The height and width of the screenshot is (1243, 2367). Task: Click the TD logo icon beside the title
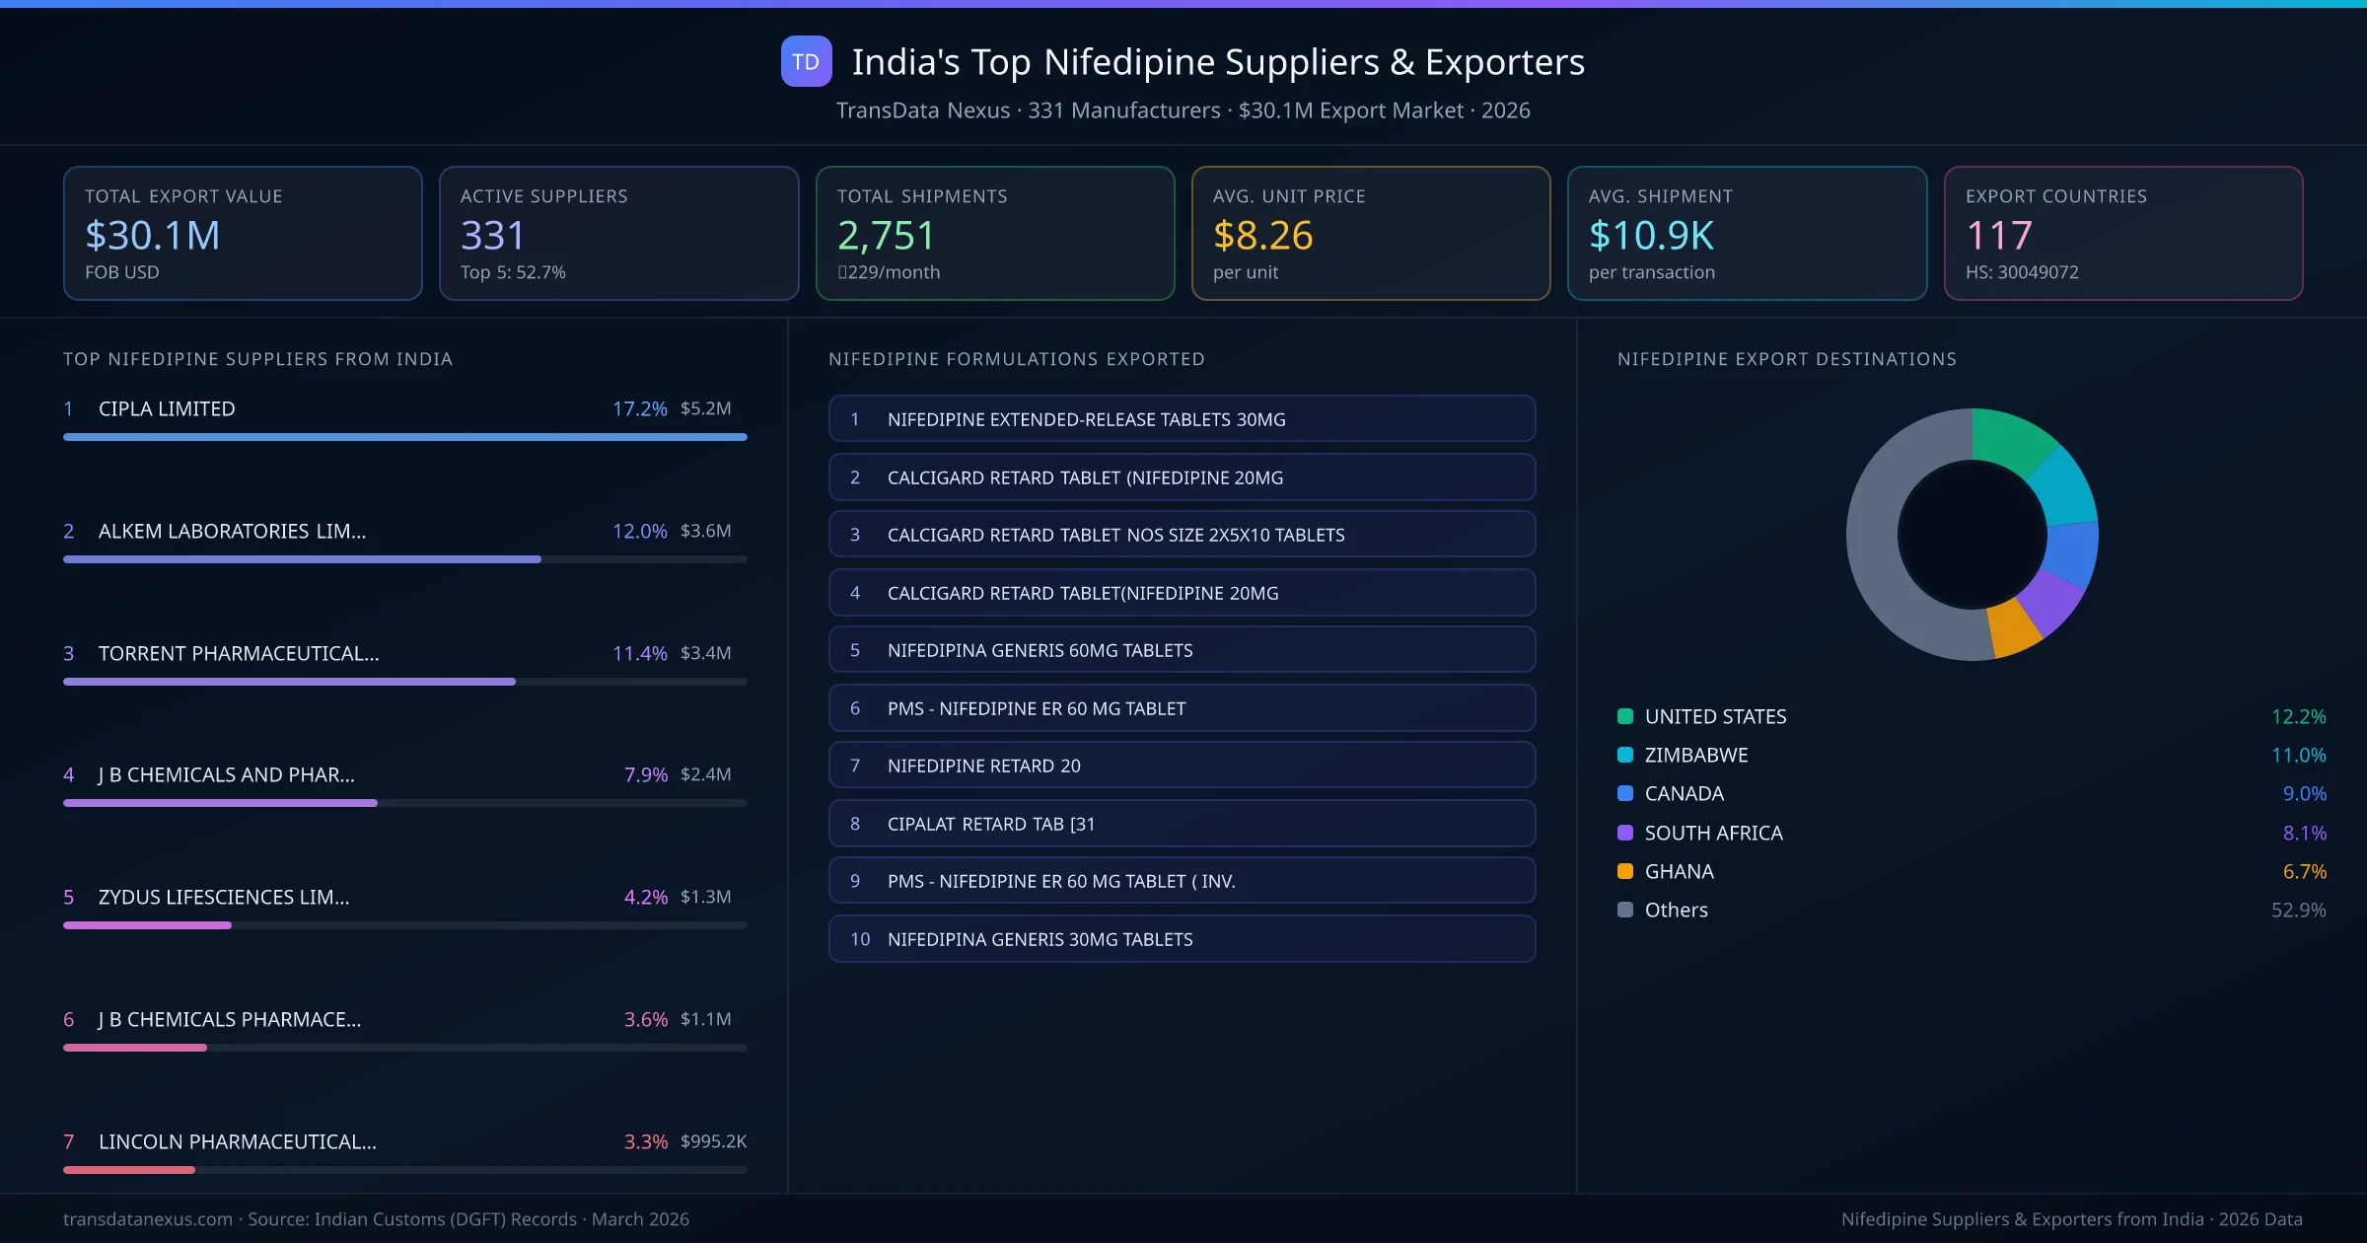[x=806, y=61]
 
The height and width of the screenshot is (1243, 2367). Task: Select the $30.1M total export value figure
[x=153, y=235]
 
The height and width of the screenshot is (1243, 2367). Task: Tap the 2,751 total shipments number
[x=885, y=235]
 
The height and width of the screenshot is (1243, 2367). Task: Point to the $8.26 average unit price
[x=1262, y=235]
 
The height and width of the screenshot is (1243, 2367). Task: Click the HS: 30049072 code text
[x=2021, y=272]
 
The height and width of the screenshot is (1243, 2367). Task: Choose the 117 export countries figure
[x=1998, y=235]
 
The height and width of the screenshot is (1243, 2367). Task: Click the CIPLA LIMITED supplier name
[x=167, y=408]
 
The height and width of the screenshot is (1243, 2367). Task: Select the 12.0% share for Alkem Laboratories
[x=639, y=531]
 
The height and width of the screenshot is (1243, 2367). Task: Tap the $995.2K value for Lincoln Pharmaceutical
[x=713, y=1141]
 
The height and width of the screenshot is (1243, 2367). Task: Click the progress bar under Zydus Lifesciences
[x=148, y=925]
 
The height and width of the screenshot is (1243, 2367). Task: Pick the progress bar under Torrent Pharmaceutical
[x=289, y=682]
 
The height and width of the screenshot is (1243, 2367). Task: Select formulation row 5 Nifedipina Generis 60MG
[x=1182, y=650]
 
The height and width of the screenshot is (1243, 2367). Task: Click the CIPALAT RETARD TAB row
[x=1182, y=824]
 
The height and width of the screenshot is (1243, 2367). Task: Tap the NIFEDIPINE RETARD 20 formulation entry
[x=1182, y=766]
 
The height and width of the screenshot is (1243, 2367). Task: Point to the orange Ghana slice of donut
[x=2012, y=627]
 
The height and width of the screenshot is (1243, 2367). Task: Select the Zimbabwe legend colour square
[x=1625, y=755]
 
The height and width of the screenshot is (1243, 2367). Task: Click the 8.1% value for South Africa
[x=2304, y=833]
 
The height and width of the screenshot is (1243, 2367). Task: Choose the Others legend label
[x=1676, y=910]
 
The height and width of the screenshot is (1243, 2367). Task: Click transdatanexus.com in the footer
[x=148, y=1219]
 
